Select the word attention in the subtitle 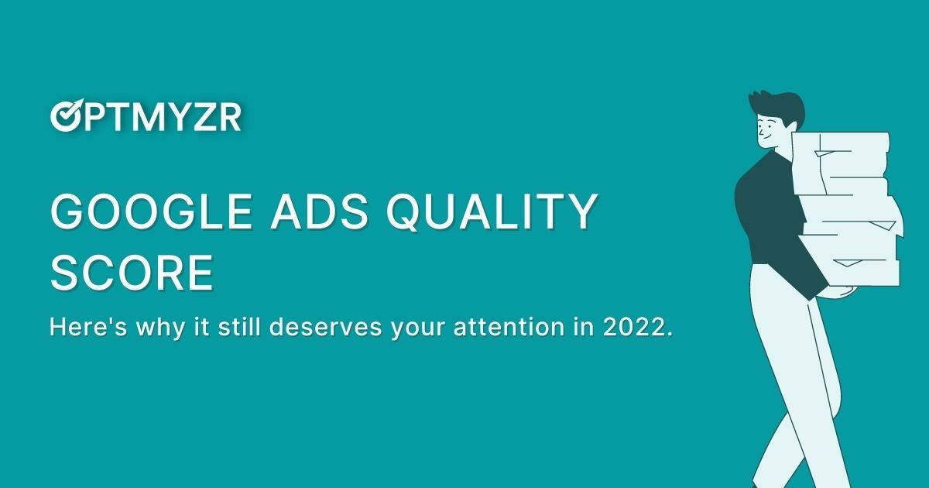(526, 328)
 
